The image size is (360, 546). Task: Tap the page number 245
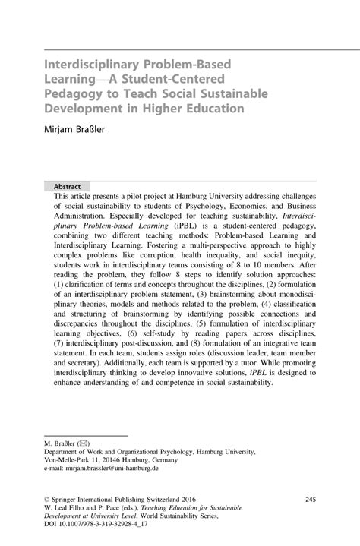click(310, 499)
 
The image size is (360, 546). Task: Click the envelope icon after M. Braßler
click(89, 440)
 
